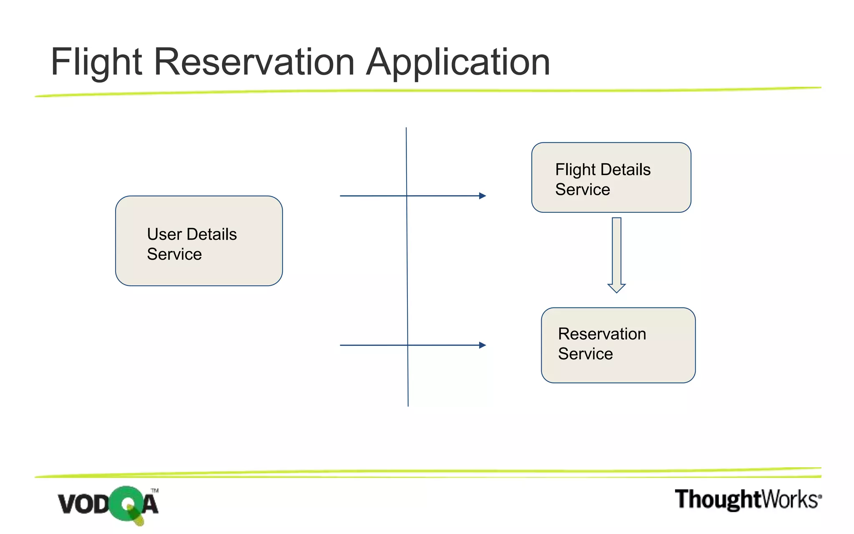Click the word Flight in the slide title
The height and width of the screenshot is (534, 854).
[96, 63]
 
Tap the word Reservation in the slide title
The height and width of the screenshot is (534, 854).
[254, 63]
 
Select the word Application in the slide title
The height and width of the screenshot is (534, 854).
[458, 63]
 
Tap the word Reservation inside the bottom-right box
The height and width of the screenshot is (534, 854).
[602, 334]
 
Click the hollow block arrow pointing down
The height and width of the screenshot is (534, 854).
[616, 254]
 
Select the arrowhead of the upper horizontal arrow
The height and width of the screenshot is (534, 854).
[482, 196]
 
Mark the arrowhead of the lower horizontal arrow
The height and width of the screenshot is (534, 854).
[482, 345]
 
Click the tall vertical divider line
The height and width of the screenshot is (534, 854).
[407, 267]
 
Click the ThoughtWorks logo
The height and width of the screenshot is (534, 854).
[748, 499]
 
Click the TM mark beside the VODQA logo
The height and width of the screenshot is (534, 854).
[154, 491]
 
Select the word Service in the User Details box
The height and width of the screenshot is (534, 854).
[174, 254]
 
